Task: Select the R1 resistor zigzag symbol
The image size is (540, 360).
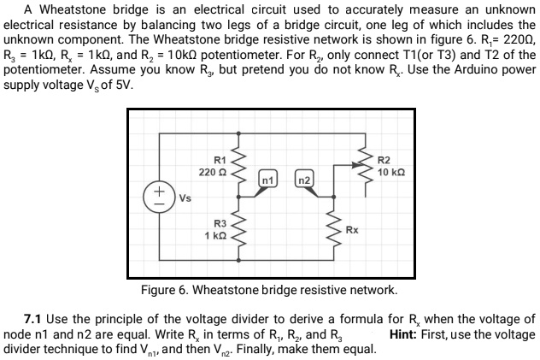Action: pos(240,168)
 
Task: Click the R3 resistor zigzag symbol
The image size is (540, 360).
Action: pos(240,229)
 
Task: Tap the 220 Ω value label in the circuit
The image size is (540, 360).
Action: pos(210,173)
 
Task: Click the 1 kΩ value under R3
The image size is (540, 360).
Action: pos(214,234)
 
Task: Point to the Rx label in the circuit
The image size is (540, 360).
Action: pos(352,230)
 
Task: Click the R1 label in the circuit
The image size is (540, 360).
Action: pos(220,161)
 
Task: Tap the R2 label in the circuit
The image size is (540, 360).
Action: pos(384,161)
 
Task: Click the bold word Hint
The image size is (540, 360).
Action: pos(404,333)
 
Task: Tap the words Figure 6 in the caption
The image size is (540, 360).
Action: pos(165,289)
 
